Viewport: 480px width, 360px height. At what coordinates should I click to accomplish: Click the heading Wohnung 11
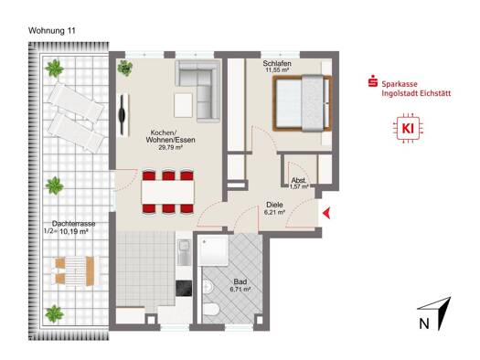point(52,31)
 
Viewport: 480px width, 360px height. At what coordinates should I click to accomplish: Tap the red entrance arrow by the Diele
point(326,213)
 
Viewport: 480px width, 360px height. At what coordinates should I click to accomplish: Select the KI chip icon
point(408,129)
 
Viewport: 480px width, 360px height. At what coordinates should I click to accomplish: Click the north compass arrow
point(440,312)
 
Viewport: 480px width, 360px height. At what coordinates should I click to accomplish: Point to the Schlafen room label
point(277,64)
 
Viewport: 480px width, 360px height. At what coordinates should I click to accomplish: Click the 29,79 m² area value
point(170,147)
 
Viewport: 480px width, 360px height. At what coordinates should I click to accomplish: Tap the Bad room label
point(240,281)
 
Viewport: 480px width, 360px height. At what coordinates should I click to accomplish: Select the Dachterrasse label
point(73,224)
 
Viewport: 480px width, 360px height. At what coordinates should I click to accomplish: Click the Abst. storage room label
point(299,180)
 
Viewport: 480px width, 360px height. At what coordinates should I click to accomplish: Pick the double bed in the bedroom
point(303,103)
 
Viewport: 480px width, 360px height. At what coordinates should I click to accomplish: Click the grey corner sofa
point(198,90)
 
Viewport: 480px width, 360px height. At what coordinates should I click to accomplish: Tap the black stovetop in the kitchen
point(184,289)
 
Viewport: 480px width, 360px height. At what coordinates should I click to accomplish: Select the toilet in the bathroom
point(210,309)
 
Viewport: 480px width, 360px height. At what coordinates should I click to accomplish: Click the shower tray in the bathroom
point(213,250)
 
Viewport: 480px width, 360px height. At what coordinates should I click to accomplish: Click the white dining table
point(167,192)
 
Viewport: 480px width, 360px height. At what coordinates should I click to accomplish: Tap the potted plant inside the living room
point(125,68)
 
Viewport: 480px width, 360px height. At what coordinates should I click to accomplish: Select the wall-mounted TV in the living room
point(123,115)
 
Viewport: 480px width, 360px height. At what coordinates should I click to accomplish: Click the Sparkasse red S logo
point(372,80)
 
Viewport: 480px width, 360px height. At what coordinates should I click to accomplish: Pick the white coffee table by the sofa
point(183,105)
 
